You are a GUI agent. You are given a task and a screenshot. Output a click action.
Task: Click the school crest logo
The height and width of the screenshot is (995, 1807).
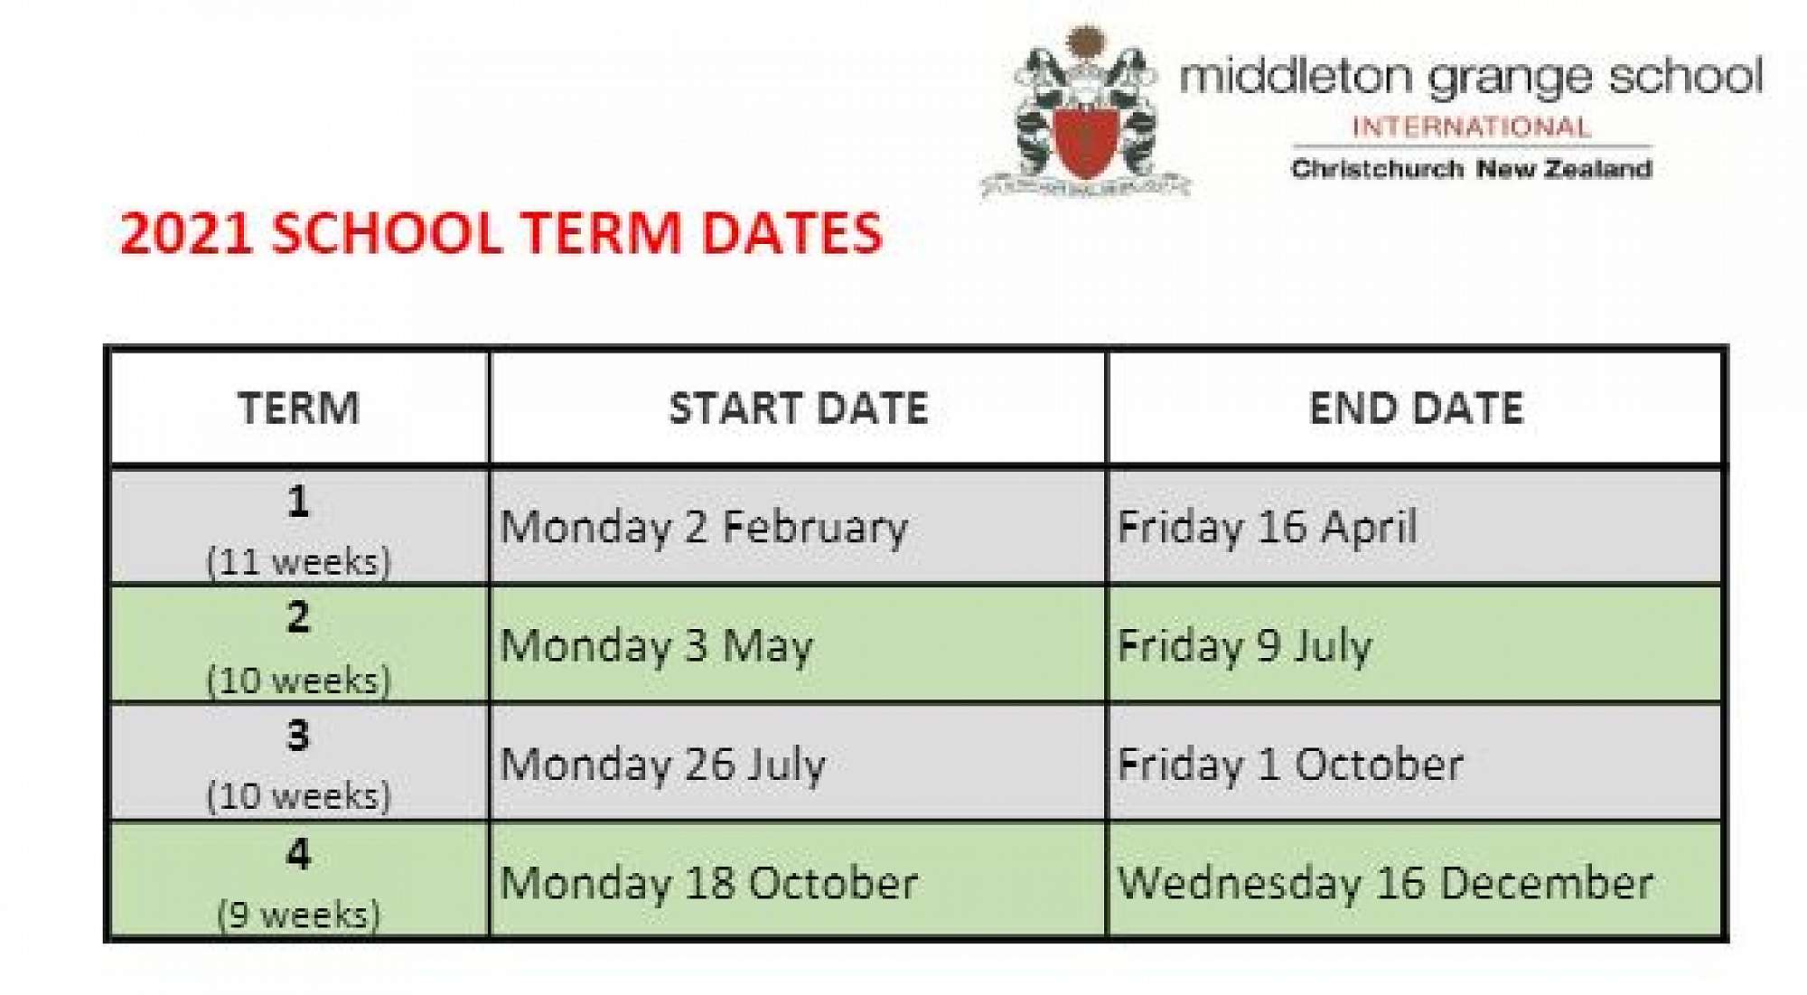tap(1086, 113)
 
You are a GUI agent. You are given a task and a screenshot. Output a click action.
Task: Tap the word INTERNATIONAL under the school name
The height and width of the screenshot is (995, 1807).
tap(1471, 127)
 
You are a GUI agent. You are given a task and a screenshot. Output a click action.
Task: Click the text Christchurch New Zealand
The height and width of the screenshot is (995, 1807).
tap(1472, 169)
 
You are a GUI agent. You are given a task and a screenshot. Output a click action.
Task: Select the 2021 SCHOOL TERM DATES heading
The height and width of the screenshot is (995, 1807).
tap(501, 233)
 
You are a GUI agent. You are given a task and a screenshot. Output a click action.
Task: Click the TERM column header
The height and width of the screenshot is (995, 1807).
tap(299, 408)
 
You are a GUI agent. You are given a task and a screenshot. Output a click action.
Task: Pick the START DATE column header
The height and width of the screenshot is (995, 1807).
tap(799, 408)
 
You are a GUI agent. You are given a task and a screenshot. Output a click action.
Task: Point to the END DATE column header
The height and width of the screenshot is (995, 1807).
tap(1417, 408)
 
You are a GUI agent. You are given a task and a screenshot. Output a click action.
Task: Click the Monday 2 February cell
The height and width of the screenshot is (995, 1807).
tap(704, 528)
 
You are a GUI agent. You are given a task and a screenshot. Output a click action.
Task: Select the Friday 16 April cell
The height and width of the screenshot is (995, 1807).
tap(1267, 528)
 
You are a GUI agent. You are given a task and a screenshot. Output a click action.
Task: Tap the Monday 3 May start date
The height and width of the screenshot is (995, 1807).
tap(657, 647)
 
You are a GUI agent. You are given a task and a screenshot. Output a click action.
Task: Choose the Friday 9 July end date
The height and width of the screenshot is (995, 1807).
tap(1245, 647)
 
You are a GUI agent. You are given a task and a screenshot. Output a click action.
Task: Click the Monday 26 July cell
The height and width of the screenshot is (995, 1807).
tap(663, 765)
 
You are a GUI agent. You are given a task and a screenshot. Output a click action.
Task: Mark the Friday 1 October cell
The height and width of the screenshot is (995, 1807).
tap(1290, 765)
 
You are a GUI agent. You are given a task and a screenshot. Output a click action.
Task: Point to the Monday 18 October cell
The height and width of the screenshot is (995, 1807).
tap(709, 884)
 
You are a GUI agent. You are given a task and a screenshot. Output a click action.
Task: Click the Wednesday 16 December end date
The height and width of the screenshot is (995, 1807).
tap(1386, 884)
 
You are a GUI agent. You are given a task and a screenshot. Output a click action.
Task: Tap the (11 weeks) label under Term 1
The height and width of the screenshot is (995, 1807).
tap(299, 562)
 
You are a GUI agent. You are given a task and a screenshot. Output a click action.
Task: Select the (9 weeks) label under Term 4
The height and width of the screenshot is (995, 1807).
tap(299, 915)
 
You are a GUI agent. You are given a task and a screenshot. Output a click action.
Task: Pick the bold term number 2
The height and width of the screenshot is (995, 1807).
tap(298, 618)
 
